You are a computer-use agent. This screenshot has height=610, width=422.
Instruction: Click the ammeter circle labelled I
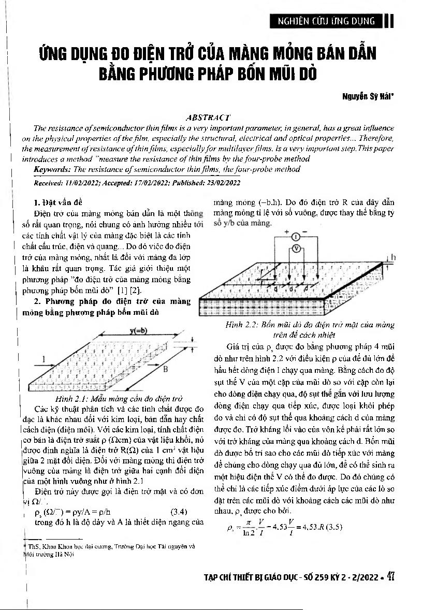coord(294,237)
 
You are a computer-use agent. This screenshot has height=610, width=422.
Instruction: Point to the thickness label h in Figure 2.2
coord(393,257)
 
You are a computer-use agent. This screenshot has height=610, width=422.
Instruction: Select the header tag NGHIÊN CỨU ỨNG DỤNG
coord(326,21)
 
